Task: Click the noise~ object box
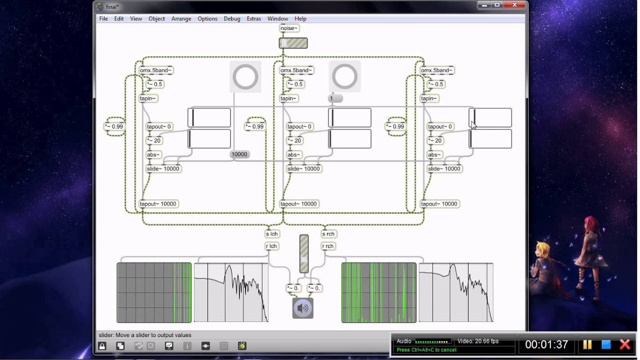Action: [x=289, y=28]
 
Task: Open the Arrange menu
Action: [x=181, y=19]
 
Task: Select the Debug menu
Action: [x=232, y=19]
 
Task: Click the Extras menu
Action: [x=254, y=19]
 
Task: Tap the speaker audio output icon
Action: [x=303, y=308]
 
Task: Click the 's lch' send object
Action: [x=272, y=234]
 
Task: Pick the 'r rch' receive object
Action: [x=328, y=246]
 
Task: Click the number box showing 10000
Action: [x=239, y=154]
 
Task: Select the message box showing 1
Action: [x=335, y=98]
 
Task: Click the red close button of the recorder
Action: [x=624, y=344]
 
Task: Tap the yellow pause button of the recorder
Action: [x=587, y=344]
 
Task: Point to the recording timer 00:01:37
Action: [x=546, y=344]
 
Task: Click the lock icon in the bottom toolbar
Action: [x=102, y=346]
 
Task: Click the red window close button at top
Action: [x=515, y=5]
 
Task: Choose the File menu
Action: [x=103, y=19]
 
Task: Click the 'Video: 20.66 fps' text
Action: [x=478, y=341]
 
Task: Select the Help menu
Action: [x=300, y=19]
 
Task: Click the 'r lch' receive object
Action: [x=271, y=246]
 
